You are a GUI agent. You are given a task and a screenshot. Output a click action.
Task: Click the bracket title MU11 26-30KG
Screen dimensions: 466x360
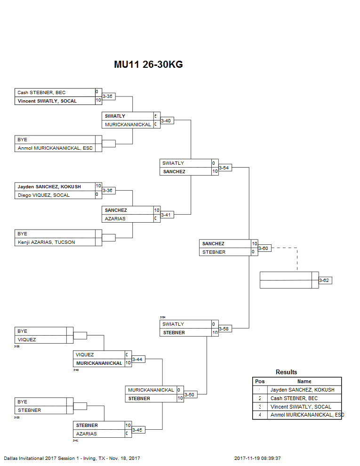(148, 64)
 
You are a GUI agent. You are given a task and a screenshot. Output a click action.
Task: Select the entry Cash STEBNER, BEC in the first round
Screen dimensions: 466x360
(42, 93)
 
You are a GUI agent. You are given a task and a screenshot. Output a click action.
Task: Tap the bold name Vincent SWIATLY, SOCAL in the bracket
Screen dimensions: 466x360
(47, 101)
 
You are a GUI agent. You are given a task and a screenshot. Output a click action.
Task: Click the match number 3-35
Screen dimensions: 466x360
(108, 96)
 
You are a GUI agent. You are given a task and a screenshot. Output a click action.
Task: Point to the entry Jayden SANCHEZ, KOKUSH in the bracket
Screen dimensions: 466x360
(49, 187)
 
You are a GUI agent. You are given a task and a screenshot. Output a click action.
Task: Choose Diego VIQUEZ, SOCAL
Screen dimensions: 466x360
(43, 195)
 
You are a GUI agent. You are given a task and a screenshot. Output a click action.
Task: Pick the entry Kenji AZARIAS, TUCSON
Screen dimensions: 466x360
(46, 242)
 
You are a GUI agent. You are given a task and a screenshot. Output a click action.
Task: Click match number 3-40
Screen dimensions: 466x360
(166, 121)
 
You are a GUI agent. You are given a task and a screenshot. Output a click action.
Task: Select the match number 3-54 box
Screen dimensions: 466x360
(225, 168)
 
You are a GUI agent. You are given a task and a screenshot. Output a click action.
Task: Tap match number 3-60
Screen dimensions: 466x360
(264, 248)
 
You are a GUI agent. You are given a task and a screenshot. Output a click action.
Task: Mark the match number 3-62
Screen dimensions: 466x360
(325, 281)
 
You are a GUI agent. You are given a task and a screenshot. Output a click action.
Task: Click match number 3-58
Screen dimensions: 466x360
(225, 329)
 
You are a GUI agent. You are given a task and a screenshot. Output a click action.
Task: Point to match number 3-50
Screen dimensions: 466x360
(189, 394)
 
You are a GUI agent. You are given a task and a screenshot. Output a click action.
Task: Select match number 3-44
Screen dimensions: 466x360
(137, 359)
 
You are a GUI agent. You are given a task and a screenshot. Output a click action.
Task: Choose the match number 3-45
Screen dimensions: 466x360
(137, 430)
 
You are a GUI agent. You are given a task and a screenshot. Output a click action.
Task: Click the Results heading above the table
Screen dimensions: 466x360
(286, 372)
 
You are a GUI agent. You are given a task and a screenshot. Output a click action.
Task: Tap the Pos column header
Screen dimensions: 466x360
(259, 381)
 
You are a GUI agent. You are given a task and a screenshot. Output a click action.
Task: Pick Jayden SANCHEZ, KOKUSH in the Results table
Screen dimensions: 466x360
(302, 390)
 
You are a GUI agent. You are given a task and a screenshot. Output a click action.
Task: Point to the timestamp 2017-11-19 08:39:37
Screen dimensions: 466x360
(260, 458)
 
